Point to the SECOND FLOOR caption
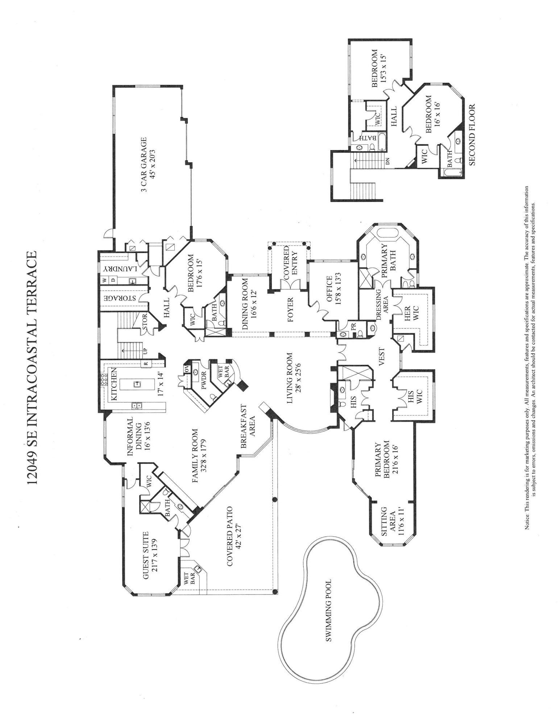(472, 135)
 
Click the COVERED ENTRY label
(290, 262)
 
